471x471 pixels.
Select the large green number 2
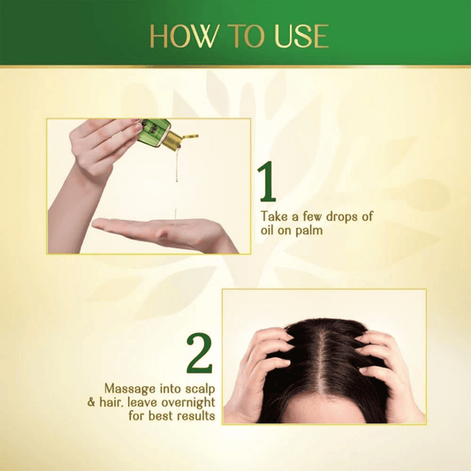[x=201, y=353]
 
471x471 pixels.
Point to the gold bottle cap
[x=186, y=139]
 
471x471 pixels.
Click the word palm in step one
[x=311, y=232]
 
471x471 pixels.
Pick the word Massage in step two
[x=129, y=388]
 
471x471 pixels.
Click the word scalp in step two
[x=197, y=388]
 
